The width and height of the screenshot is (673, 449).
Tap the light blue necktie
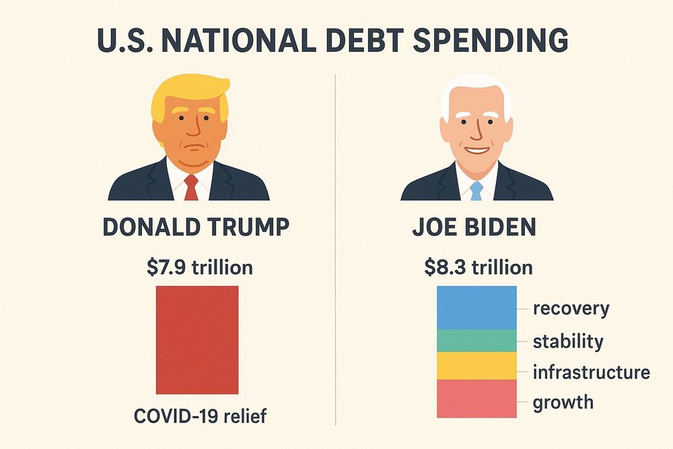(476, 191)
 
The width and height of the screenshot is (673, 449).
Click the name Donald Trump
(196, 227)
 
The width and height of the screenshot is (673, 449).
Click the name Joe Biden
(474, 227)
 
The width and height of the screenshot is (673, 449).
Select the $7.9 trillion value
(200, 267)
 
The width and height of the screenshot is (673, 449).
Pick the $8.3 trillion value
(478, 267)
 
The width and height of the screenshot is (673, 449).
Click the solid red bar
(197, 340)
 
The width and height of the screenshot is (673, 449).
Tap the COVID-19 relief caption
(200, 416)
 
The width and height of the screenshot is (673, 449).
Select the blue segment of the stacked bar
(476, 308)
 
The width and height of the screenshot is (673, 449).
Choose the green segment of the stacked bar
(476, 341)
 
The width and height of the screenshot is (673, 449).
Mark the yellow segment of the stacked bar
(476, 366)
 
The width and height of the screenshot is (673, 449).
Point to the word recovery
(571, 309)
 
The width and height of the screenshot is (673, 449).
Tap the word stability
(568, 341)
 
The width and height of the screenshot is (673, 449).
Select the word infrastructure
(591, 372)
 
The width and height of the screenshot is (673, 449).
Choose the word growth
(563, 403)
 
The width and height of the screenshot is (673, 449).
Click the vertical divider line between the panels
(335, 249)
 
